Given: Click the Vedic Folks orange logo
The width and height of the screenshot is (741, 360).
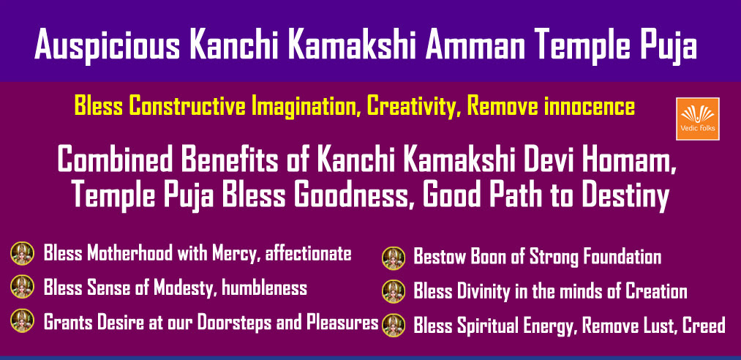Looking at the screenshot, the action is click(698, 119).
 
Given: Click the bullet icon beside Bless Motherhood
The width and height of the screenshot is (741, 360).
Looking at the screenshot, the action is click(22, 253).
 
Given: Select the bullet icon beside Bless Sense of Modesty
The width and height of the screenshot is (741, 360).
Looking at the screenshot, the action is click(22, 287).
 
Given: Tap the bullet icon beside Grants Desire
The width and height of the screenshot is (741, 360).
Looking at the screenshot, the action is click(22, 320).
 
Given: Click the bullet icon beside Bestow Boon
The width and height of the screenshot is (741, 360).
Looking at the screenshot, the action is click(394, 258).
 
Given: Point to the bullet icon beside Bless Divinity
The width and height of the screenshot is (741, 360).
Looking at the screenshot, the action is click(394, 291).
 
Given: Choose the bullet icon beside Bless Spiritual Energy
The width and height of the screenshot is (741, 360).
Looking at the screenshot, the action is click(394, 325).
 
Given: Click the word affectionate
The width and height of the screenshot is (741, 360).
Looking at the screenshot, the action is click(308, 254).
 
